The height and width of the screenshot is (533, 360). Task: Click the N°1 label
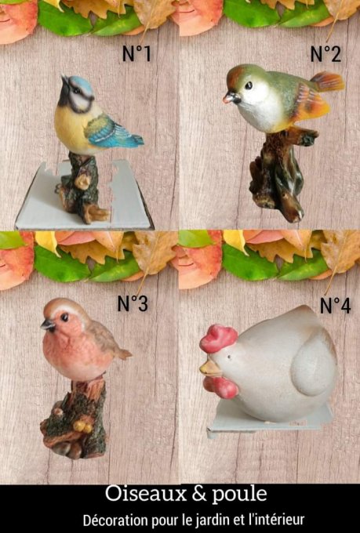pos(136,53)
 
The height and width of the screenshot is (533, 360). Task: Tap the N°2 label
pos(325,54)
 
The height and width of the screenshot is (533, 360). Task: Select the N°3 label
pos(133,303)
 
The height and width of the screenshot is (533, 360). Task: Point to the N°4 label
pos(335,305)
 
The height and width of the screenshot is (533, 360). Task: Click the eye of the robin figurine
pos(64,317)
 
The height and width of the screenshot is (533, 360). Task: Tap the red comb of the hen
pos(218,339)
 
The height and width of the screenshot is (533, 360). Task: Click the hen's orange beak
pos(210,368)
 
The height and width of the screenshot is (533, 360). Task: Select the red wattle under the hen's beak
pos(221,387)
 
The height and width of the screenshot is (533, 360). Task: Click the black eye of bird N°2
pos(249,85)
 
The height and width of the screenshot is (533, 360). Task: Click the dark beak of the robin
pos(48,325)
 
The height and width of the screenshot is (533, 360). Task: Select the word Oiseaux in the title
pos(146,494)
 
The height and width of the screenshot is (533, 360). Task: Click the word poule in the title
pos(239,495)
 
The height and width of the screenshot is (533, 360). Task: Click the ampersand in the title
pos(199,494)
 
